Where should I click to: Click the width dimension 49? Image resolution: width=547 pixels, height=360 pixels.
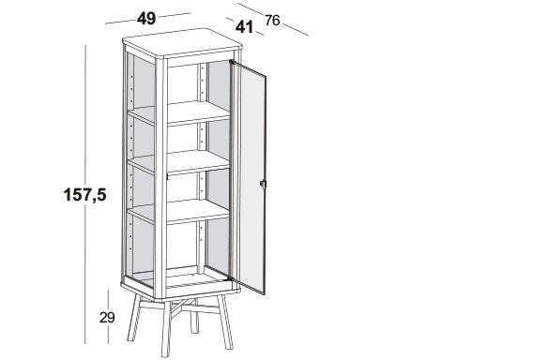point(146,18)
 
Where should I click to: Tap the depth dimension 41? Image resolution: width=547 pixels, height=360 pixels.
point(244,27)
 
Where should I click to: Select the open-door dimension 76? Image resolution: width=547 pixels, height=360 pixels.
point(272,21)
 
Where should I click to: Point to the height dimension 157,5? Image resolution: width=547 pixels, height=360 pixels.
point(84,194)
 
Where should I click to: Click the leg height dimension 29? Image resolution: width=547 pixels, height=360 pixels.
point(107,318)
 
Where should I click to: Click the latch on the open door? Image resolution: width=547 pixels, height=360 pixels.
point(263,184)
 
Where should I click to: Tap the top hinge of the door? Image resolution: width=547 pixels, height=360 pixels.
point(232,62)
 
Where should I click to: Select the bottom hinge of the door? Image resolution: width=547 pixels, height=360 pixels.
point(229,278)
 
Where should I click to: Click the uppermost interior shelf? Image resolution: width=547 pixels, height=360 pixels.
point(178,113)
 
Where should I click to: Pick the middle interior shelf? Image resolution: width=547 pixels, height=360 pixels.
point(178,162)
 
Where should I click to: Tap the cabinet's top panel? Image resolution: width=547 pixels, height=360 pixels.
point(182,43)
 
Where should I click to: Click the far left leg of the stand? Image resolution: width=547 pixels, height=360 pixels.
point(134,318)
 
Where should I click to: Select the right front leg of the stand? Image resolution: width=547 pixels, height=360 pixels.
point(225,322)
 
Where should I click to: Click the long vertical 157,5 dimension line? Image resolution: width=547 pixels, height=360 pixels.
point(85,194)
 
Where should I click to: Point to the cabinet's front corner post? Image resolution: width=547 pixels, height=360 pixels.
point(160,178)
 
